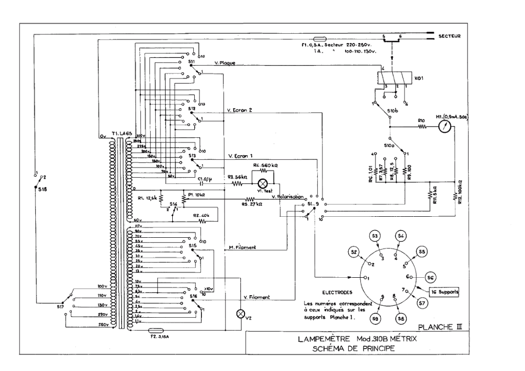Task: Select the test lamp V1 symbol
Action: point(264,184)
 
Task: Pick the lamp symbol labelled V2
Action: point(238,314)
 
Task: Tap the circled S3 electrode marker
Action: point(375,236)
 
